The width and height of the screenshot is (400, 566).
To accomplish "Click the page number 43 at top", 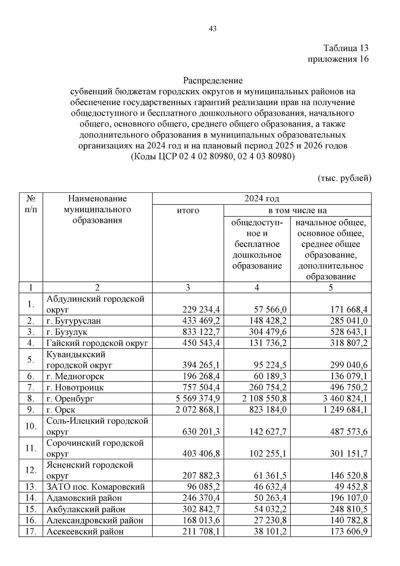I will [x=213, y=29].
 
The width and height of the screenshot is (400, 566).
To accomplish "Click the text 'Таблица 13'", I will [x=346, y=48].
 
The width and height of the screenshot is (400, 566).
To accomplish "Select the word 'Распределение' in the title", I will [x=213, y=80].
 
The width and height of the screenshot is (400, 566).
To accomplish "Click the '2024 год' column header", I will [x=262, y=198].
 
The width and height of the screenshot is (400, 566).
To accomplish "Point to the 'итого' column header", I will [x=188, y=210].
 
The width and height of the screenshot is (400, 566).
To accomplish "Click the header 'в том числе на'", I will [x=297, y=210].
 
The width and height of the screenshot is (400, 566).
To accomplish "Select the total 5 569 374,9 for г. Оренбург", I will [x=198, y=399].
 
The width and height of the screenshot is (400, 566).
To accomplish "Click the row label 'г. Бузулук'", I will [x=67, y=332].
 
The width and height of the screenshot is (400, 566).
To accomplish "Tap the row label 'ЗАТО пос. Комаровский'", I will [x=96, y=487].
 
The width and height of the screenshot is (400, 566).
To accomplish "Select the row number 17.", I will [x=31, y=531].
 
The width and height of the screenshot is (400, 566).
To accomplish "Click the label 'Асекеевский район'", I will [x=85, y=531].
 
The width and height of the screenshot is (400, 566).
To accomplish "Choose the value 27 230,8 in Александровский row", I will [x=270, y=520].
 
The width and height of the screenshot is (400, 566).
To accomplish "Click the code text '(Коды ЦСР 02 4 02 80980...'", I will [x=213, y=156].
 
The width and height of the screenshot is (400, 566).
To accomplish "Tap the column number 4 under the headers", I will [x=257, y=287].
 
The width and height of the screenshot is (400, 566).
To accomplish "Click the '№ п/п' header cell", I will [x=31, y=204].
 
